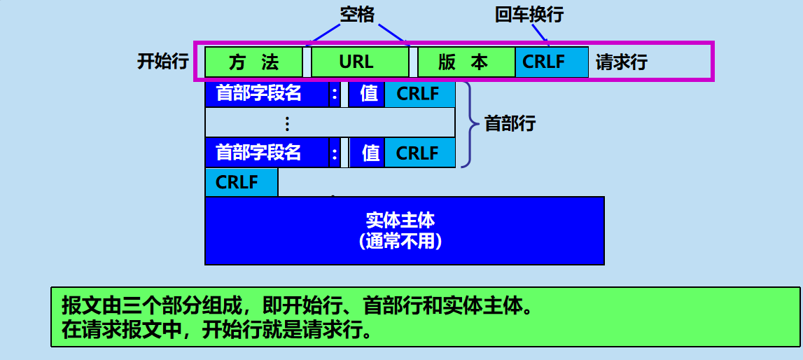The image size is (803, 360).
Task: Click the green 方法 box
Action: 253,62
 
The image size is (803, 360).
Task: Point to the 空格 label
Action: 358,14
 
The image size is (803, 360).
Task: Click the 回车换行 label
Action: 530,14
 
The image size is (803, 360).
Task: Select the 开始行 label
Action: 163,62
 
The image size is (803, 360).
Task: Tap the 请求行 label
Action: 622,62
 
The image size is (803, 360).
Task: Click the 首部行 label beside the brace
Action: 510,124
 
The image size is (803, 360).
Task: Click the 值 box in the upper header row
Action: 368,94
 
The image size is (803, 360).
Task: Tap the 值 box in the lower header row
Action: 369,153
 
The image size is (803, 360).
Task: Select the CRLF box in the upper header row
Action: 419,94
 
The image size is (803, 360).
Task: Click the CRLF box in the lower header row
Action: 419,153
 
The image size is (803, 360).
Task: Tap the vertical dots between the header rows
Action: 286,124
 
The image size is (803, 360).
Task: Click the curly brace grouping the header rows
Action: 468,124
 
